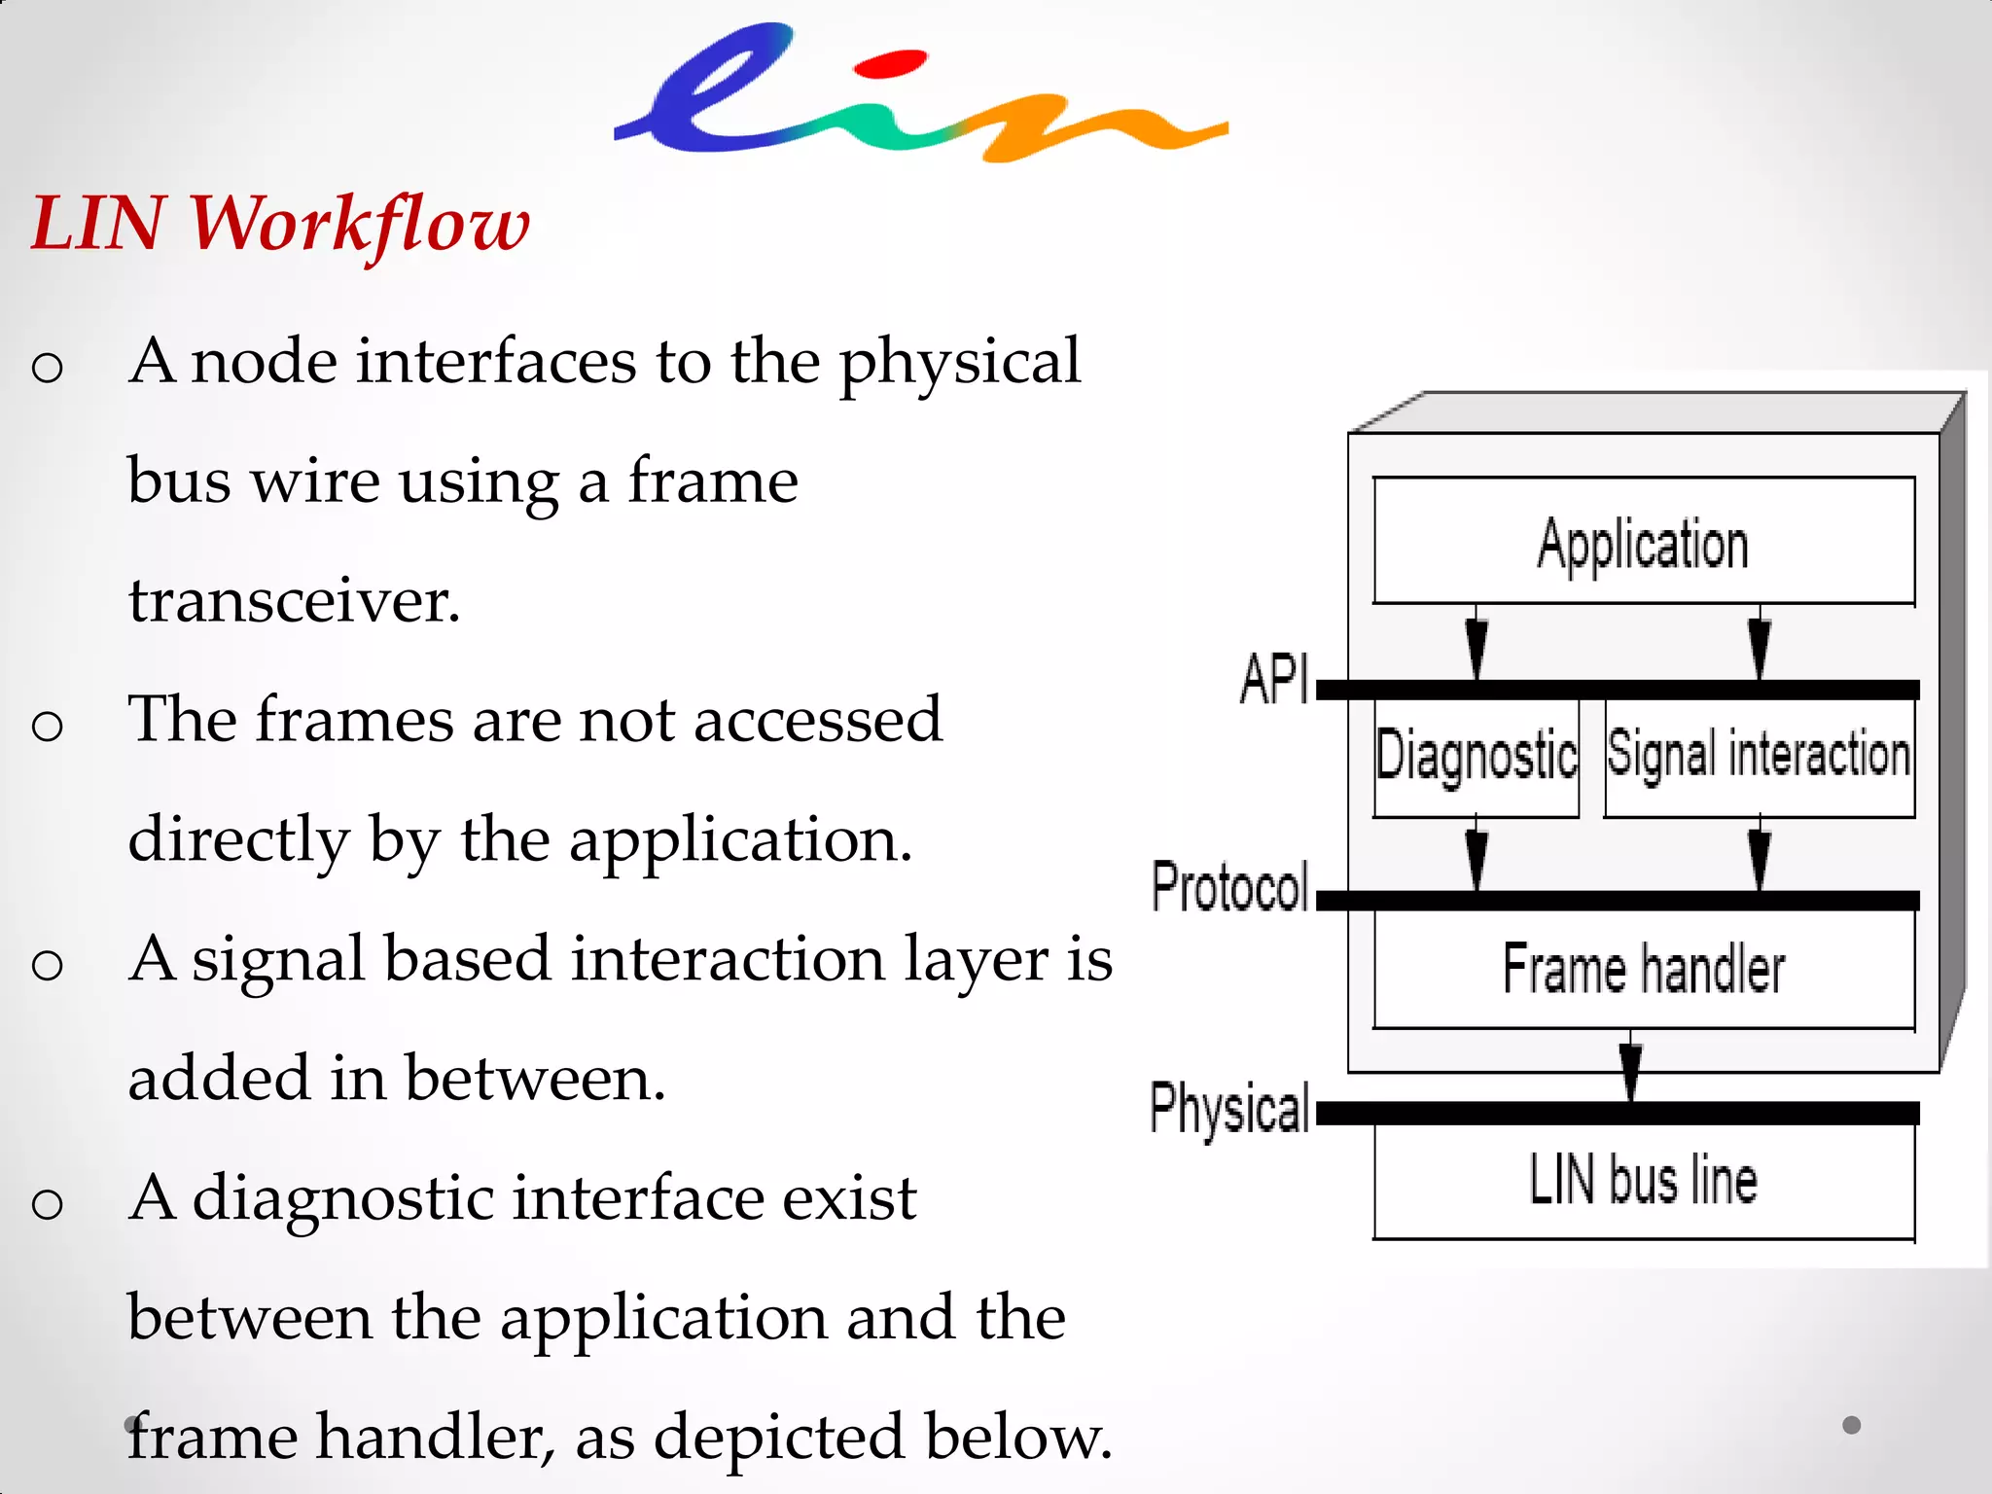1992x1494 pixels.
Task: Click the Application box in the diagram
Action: click(x=1644, y=542)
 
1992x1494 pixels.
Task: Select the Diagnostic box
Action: click(x=1476, y=756)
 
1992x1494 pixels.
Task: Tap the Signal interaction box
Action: click(x=1759, y=756)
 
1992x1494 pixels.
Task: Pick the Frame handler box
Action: click(x=1644, y=969)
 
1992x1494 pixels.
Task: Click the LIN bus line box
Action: click(x=1644, y=1180)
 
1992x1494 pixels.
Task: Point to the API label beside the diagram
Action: click(x=1273, y=679)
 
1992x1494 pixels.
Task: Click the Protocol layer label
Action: click(x=1230, y=888)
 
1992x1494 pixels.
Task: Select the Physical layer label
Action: click(x=1230, y=1108)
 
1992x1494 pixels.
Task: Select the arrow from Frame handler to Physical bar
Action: click(x=1631, y=1069)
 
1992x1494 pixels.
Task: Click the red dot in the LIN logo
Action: click(x=889, y=65)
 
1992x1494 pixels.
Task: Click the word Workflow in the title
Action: click(x=359, y=225)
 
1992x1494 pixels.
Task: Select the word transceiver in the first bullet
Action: click(x=294, y=600)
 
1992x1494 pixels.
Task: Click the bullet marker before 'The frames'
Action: click(x=47, y=726)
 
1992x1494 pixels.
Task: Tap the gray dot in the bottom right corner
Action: click(x=1852, y=1425)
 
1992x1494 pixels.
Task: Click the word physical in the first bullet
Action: click(x=959, y=362)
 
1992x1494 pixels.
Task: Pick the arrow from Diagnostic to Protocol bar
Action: click(x=1476, y=856)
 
